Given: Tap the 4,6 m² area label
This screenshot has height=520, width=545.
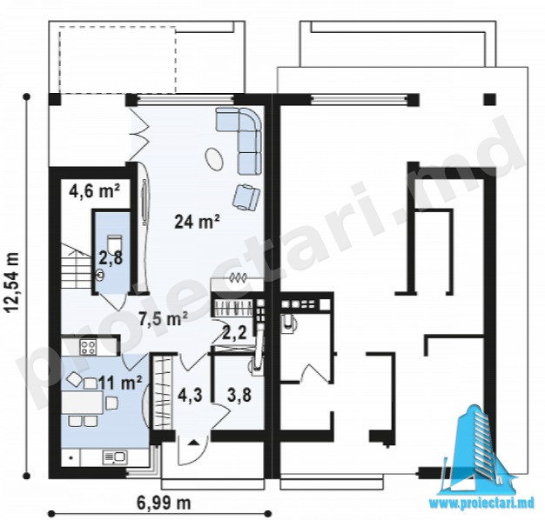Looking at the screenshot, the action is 94,191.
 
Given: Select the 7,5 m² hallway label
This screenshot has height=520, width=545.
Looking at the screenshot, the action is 164,318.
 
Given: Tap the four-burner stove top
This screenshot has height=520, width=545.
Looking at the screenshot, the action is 88,346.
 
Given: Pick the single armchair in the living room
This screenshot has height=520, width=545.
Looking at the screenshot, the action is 246,197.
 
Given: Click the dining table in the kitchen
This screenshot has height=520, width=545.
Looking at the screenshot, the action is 83,403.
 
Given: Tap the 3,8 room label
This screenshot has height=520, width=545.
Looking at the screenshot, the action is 239,395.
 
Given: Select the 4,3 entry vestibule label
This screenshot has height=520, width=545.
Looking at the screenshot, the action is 191,395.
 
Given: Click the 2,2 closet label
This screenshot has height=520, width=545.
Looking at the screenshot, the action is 234,333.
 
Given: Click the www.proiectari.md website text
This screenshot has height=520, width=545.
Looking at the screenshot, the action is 481,504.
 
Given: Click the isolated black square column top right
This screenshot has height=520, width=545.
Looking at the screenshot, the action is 490,100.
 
